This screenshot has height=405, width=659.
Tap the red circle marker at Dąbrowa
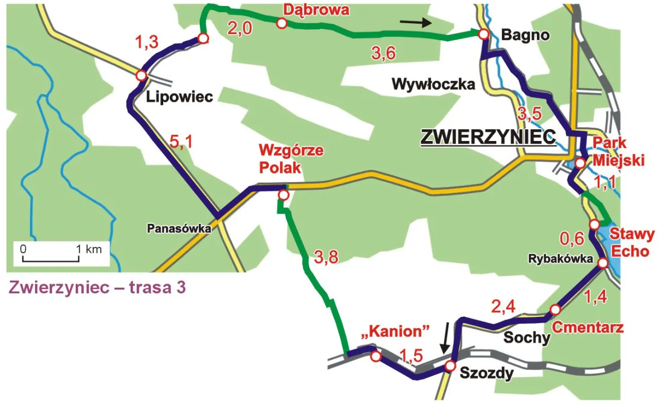click(282, 23)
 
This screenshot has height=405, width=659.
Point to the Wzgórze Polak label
click(291, 159)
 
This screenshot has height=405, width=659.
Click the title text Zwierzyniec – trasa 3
click(97, 287)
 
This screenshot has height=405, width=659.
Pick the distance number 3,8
click(325, 258)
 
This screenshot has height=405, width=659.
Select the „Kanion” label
click(396, 331)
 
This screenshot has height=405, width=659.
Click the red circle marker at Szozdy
click(450, 366)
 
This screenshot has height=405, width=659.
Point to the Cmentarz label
click(587, 328)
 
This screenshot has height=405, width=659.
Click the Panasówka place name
click(179, 228)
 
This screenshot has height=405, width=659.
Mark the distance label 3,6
click(384, 52)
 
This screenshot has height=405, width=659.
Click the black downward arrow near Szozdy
click(446, 337)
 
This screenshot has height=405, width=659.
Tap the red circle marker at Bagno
click(483, 34)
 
